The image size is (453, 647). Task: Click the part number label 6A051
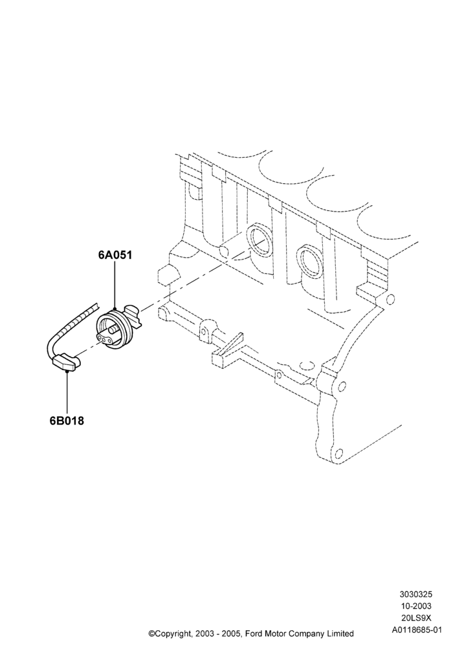click(115, 254)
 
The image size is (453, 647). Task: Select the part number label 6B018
click(67, 421)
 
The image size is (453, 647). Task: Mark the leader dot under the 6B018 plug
click(67, 371)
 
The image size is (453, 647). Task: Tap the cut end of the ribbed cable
click(96, 305)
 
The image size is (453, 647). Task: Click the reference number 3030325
click(415, 594)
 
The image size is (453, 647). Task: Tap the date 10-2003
click(415, 606)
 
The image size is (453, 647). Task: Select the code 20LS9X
click(415, 618)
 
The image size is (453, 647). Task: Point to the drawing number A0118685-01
click(415, 630)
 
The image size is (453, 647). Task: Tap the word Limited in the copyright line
click(340, 633)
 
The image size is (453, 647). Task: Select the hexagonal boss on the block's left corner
click(169, 274)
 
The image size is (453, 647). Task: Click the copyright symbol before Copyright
click(151, 633)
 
